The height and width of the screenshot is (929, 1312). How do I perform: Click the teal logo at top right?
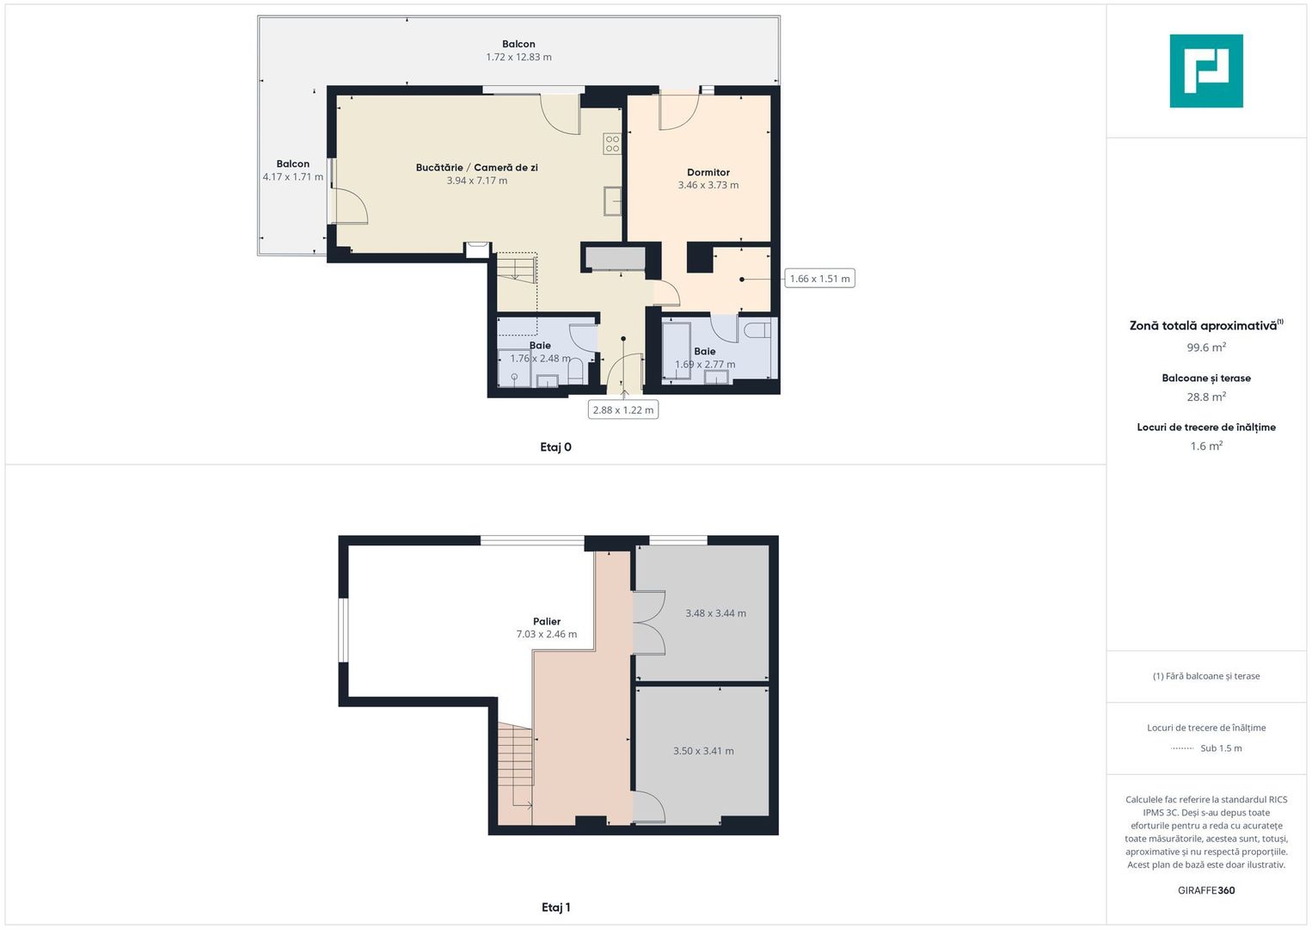[x=1205, y=71]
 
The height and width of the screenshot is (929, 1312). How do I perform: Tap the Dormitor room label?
[x=708, y=172]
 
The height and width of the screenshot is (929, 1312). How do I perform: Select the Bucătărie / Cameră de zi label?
[x=476, y=168]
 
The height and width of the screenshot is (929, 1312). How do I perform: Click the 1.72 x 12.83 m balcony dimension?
[x=518, y=58]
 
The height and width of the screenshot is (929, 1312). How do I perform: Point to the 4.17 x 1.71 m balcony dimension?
[x=292, y=177]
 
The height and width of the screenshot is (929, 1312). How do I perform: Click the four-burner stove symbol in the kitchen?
[x=612, y=144]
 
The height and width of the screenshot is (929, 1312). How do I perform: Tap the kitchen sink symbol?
[x=612, y=201]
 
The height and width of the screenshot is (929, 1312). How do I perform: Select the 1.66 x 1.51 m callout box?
[x=819, y=279]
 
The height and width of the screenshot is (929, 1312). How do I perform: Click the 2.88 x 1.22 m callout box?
[x=622, y=410]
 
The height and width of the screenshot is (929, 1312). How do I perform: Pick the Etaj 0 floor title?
[x=555, y=447]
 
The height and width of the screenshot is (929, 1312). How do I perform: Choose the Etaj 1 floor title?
[x=555, y=907]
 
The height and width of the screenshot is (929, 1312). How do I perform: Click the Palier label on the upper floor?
[x=546, y=621]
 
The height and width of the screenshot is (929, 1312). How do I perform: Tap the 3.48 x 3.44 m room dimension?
[x=715, y=613]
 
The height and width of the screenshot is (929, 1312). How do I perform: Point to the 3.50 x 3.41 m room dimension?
[x=703, y=751]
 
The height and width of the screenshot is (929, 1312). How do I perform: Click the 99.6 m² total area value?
[x=1205, y=348]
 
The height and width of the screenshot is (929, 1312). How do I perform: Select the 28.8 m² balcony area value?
[x=1205, y=397]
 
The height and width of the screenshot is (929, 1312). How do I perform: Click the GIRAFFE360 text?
[x=1205, y=890]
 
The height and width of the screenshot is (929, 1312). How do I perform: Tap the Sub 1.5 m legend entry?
[x=1220, y=748]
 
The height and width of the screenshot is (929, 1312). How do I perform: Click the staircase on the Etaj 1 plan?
[x=515, y=766]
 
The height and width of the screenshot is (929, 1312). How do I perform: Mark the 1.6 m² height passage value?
[x=1205, y=446]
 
